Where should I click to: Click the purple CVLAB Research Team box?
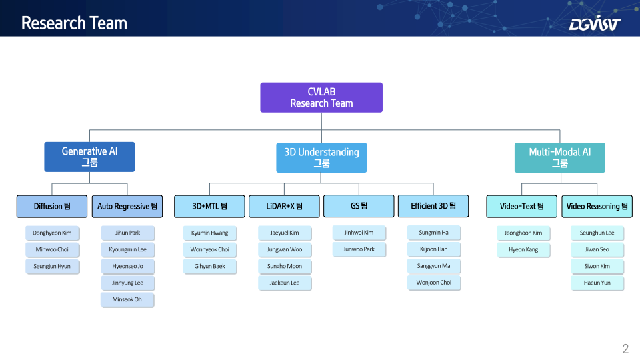tap(321, 97)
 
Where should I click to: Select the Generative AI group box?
tap(89, 157)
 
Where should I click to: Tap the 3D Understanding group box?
tap(321, 157)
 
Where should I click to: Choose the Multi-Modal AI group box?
tap(559, 157)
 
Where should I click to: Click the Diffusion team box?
tap(52, 206)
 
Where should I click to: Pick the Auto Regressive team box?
tap(127, 206)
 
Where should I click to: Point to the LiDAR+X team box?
tap(284, 206)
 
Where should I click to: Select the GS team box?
tap(359, 206)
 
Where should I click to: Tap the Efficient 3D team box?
tap(433, 206)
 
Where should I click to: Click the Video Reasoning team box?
tap(597, 206)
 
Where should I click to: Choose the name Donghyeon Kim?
tap(52, 233)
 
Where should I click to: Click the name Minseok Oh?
tap(127, 299)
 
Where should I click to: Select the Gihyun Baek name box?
tap(210, 267)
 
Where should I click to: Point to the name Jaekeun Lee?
tap(285, 283)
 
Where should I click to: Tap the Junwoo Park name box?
tap(359, 249)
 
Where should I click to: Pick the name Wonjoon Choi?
tap(434, 283)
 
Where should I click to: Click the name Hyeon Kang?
tap(523, 250)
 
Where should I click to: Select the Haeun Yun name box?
tap(597, 283)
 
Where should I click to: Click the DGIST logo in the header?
tap(595, 23)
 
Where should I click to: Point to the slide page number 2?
tap(625, 349)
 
